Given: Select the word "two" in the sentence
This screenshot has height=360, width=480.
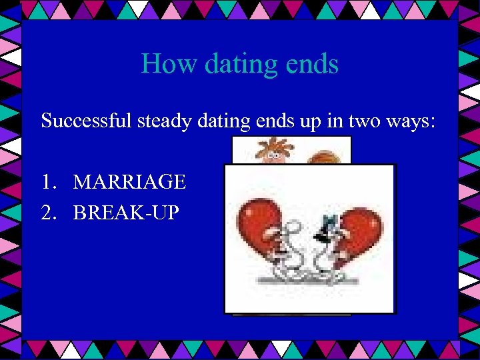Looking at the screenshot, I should pyautogui.click(x=360, y=121).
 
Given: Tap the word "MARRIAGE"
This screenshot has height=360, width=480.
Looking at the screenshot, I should pyautogui.click(x=129, y=181).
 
